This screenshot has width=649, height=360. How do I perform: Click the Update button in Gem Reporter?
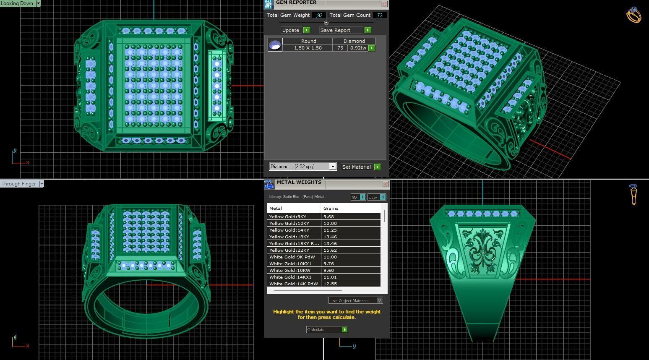point(295,30)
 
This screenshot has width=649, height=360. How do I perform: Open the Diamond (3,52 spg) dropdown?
point(332,167)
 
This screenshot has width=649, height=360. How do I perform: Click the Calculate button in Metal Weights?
point(327,330)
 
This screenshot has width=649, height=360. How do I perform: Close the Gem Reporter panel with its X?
point(384,4)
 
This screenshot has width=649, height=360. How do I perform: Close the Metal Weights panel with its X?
point(385,184)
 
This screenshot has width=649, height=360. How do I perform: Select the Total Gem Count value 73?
point(380,15)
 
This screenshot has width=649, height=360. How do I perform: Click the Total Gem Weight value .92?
point(319,15)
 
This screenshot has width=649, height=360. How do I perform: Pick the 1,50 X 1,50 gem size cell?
point(308,48)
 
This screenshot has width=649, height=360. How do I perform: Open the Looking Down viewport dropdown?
point(38,3)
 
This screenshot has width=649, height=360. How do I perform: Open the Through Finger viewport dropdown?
point(41,184)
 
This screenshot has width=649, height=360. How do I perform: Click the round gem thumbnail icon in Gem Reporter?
point(275,44)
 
